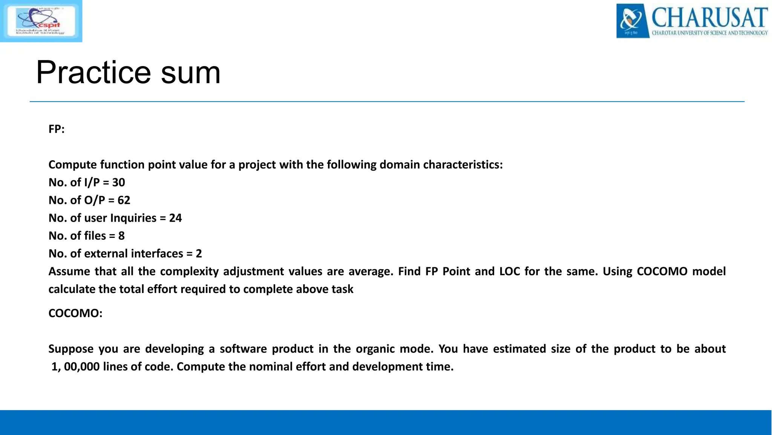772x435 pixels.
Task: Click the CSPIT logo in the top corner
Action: point(41,21)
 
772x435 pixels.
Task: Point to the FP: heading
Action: point(57,129)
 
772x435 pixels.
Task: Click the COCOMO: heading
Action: point(75,313)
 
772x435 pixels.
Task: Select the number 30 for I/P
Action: point(118,182)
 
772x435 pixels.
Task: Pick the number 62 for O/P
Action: point(124,200)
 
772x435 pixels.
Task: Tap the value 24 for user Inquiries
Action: point(175,218)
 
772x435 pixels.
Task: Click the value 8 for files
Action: point(121,236)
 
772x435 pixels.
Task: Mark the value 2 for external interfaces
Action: point(199,253)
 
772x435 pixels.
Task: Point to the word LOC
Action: point(510,271)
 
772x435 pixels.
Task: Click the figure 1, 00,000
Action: point(75,367)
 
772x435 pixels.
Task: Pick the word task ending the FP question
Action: point(342,289)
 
